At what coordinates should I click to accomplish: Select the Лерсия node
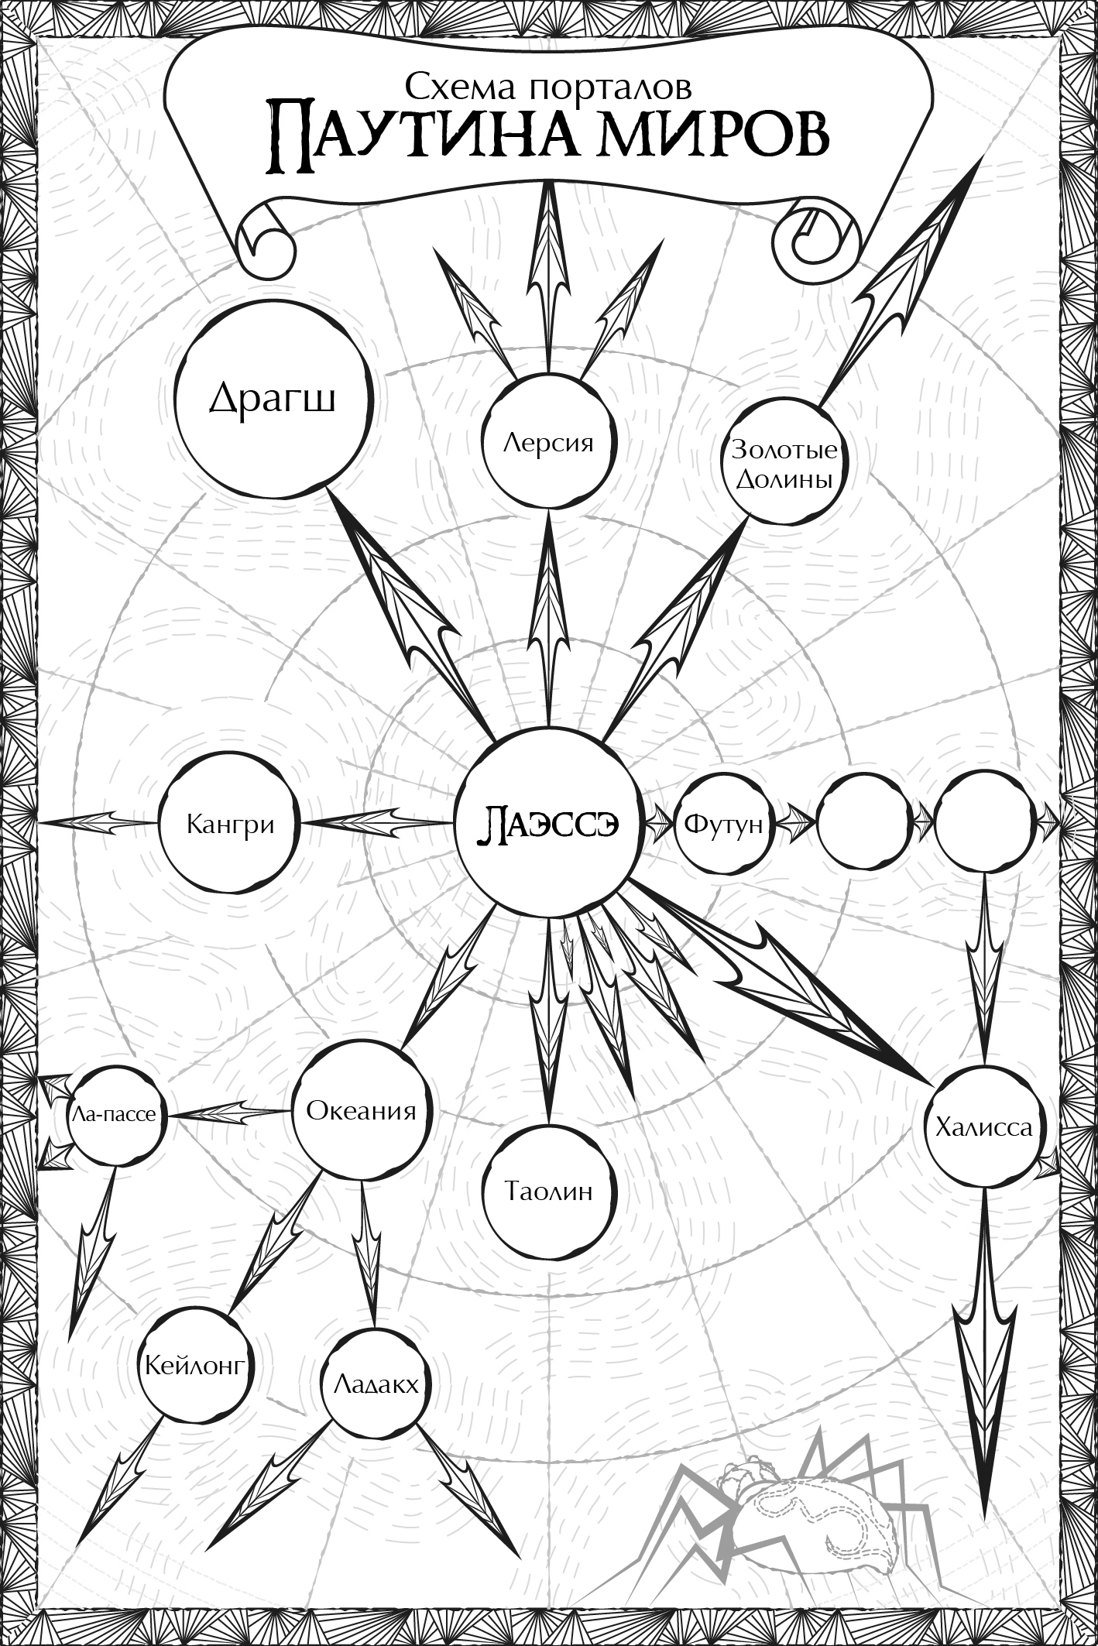point(548,443)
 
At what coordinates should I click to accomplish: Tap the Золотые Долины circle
point(783,465)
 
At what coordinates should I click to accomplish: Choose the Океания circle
point(362,1112)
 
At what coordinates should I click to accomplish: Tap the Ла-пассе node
point(116,1115)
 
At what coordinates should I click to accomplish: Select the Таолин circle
point(548,1190)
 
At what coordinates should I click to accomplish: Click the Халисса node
point(984,1126)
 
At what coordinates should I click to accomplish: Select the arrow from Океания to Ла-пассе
point(231,1113)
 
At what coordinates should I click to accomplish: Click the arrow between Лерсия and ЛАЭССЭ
point(549,619)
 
